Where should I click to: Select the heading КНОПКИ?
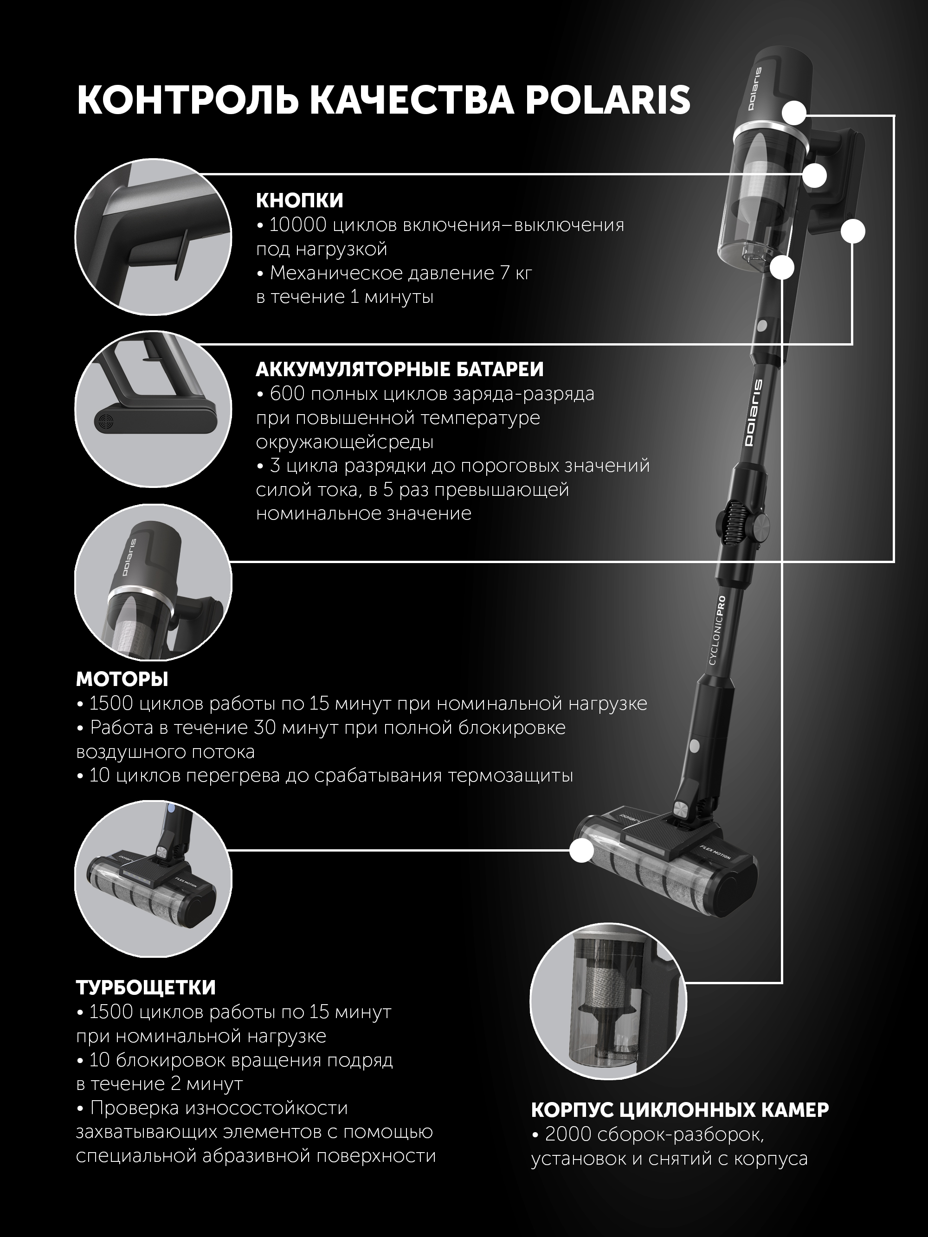click(300, 200)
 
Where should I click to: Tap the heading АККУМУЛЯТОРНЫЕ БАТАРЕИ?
click(400, 370)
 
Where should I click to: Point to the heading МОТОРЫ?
click(122, 679)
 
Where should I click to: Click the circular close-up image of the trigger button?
click(153, 234)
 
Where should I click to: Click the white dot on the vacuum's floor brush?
click(582, 851)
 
